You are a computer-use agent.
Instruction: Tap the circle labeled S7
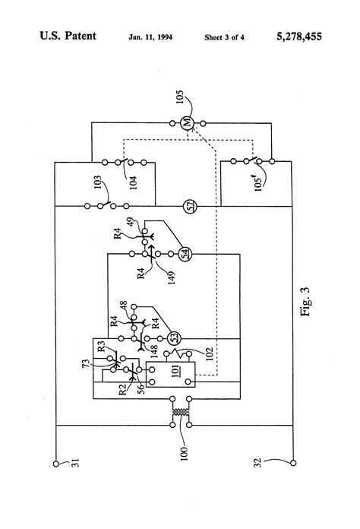tap(190, 205)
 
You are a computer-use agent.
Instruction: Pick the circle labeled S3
tap(174, 336)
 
